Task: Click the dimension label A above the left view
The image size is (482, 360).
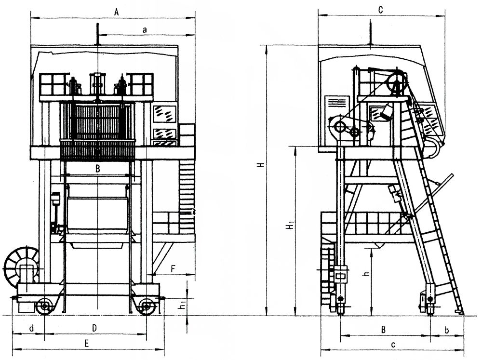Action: [116, 13]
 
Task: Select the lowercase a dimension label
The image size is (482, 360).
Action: [145, 30]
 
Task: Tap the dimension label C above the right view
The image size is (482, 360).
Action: [381, 10]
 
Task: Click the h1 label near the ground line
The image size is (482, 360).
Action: [183, 305]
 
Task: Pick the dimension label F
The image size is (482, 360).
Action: [173, 269]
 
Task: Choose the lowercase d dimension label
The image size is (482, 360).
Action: [32, 328]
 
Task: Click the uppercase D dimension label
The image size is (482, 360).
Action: [94, 328]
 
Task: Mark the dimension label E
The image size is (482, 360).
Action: [87, 344]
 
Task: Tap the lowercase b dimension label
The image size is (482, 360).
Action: [447, 330]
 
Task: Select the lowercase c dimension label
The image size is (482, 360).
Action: [393, 345]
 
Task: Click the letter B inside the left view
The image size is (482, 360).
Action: [97, 169]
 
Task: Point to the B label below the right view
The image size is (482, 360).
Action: [383, 330]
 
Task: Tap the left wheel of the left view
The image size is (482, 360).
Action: [44, 306]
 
